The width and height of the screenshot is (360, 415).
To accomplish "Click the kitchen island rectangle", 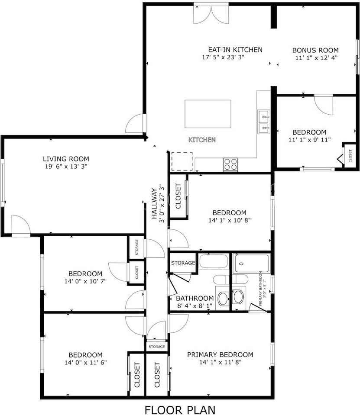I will (x=208, y=114).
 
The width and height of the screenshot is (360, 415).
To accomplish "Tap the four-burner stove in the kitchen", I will (x=230, y=164).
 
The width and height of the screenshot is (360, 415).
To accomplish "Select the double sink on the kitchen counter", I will (x=263, y=122).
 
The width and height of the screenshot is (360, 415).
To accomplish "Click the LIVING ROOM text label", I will (x=66, y=159).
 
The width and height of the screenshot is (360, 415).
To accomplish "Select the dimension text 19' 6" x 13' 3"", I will (x=66, y=166).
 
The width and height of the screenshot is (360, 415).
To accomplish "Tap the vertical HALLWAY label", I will (x=154, y=203).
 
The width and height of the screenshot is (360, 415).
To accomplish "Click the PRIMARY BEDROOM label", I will (x=220, y=355).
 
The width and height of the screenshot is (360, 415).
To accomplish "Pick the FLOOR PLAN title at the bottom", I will (x=180, y=409).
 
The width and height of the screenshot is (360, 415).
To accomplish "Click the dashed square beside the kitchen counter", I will (x=182, y=161).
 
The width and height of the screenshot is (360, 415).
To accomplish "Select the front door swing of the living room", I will (x=20, y=225).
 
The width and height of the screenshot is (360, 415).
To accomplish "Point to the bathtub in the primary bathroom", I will (x=251, y=263).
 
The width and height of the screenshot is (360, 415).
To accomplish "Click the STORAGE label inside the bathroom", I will (x=183, y=263).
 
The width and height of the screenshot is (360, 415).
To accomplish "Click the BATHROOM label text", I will (x=195, y=298).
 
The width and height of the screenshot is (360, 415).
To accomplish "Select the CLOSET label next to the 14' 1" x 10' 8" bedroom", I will (x=178, y=196).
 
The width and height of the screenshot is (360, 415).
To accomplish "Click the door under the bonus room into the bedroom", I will (x=323, y=104).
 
